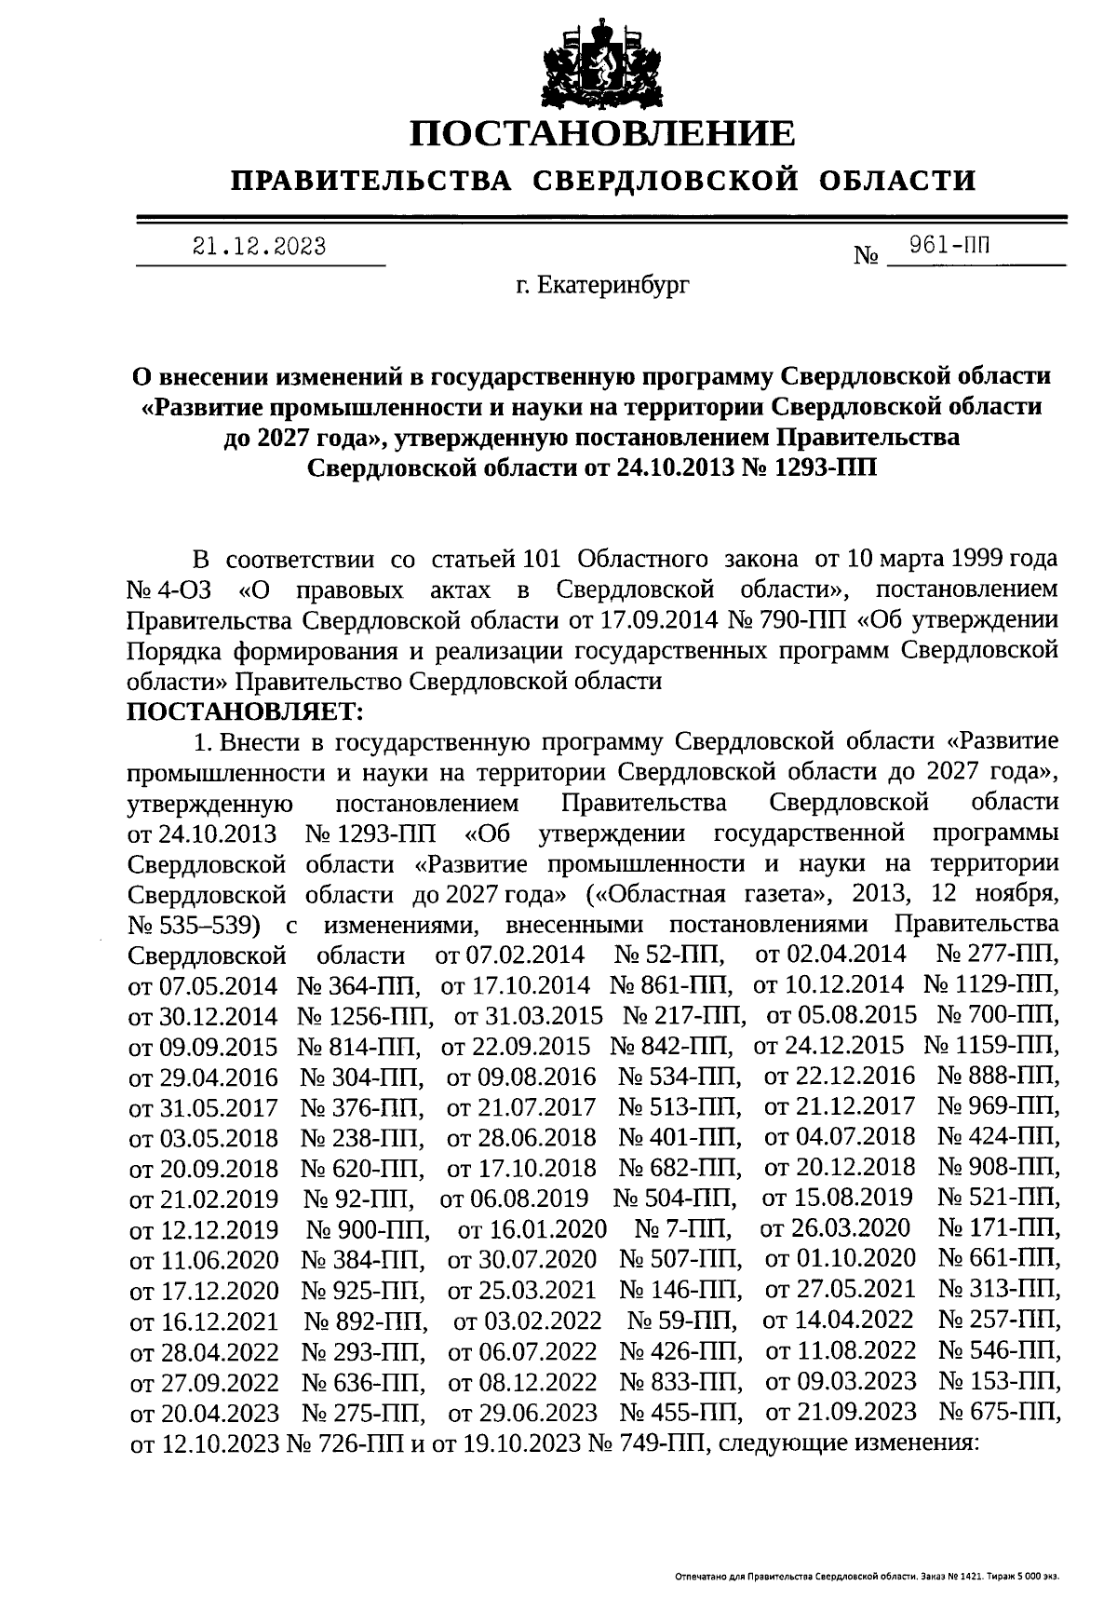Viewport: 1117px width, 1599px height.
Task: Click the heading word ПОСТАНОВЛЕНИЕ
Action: point(603,133)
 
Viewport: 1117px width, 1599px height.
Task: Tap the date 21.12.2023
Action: point(259,247)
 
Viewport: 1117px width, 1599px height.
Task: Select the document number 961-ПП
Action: point(949,245)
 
